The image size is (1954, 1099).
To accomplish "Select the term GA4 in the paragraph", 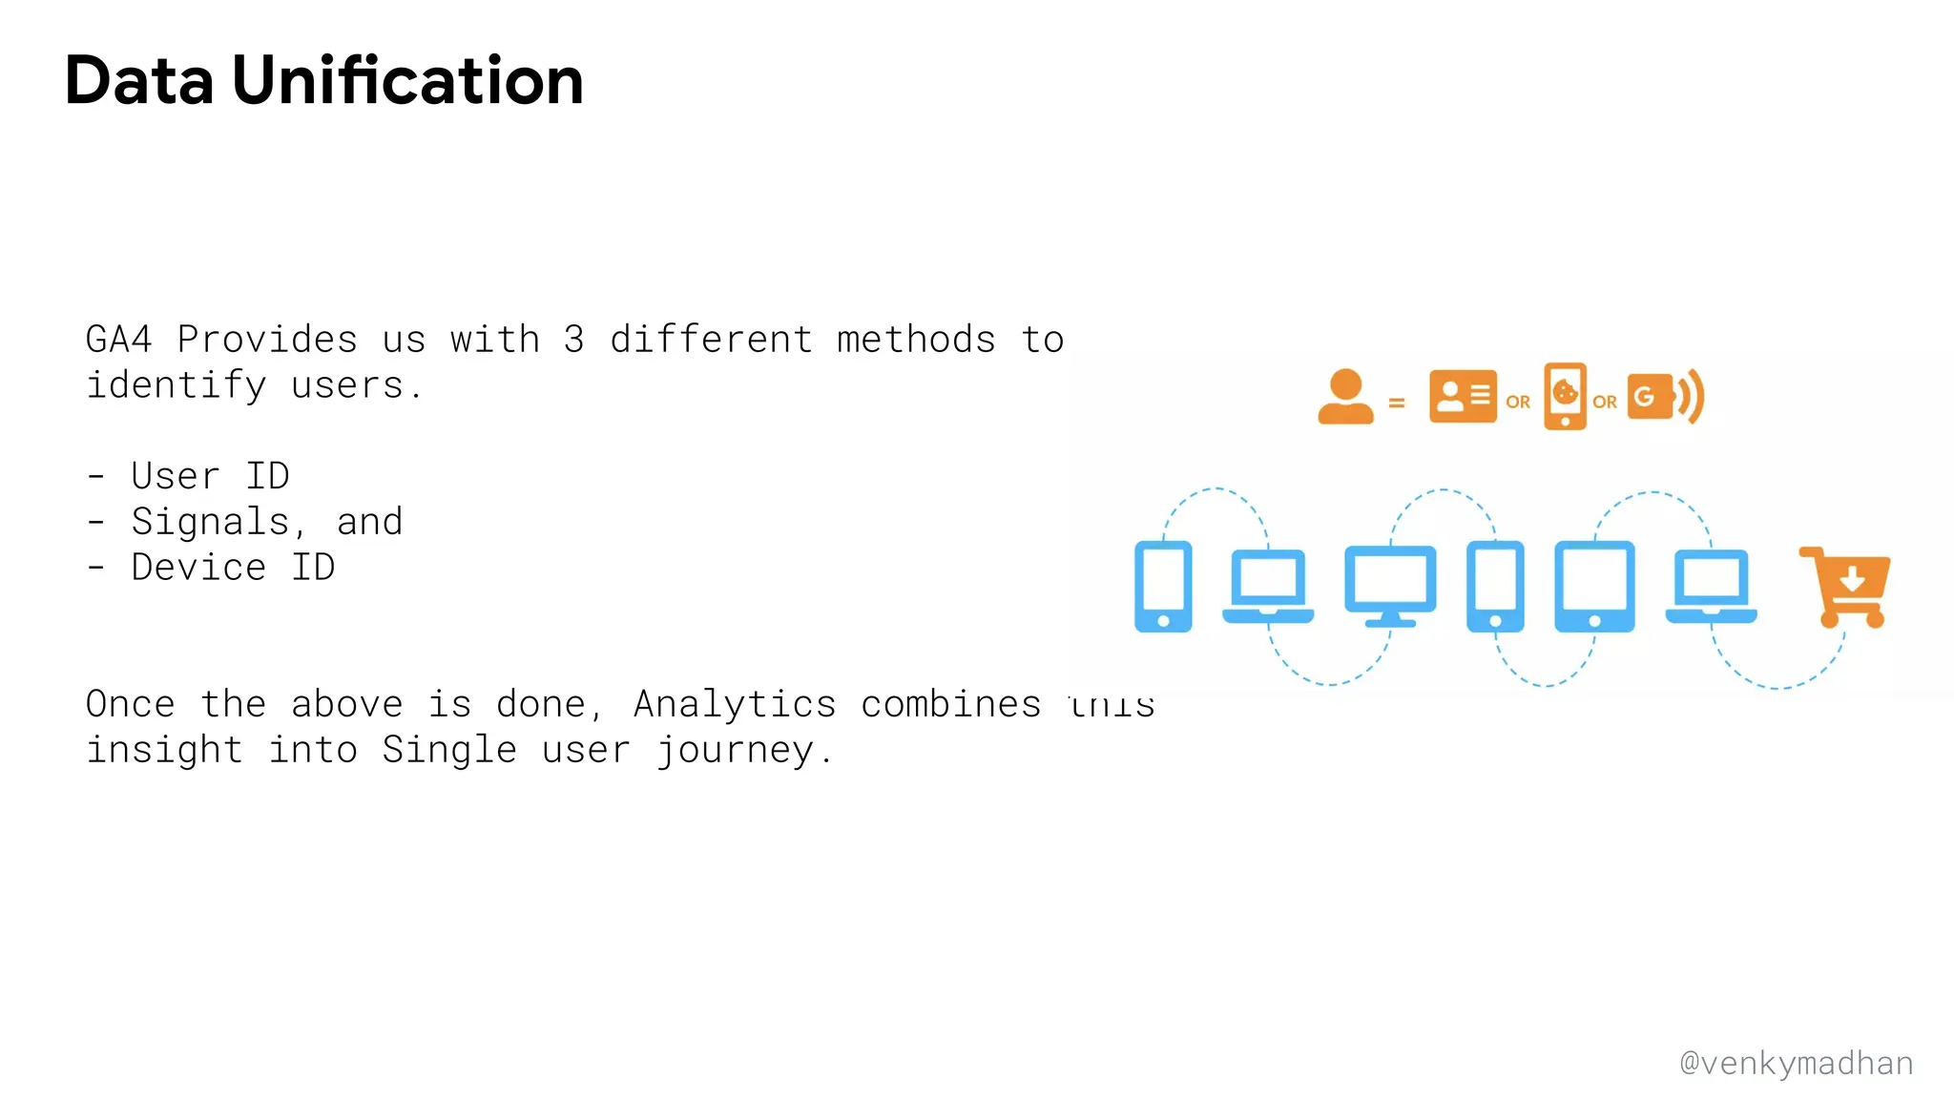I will tap(119, 340).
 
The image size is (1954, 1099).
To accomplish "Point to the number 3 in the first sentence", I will tap(573, 340).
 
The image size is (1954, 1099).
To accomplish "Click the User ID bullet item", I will tap(210, 476).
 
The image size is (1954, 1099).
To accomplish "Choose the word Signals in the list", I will tap(210, 522).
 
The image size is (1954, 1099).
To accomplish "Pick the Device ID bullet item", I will tap(233, 568).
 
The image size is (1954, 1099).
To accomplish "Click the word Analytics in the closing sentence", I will tap(735, 704).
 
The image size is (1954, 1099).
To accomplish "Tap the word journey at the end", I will tap(735, 751).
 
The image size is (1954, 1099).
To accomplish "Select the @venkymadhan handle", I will tap(1796, 1063).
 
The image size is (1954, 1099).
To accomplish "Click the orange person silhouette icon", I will tap(1345, 397).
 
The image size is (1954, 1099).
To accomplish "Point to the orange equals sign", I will tap(1397, 404).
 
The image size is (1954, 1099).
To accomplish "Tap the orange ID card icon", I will tap(1463, 396).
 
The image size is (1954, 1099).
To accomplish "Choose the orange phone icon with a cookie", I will tap(1565, 396).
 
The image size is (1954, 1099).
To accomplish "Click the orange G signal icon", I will tap(1664, 397).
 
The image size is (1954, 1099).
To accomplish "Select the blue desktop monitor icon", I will tap(1390, 585).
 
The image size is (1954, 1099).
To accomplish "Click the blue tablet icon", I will tap(1594, 586).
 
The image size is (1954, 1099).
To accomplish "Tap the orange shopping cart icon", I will tap(1847, 586).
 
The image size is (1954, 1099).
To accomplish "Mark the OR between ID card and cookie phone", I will tap(1518, 403).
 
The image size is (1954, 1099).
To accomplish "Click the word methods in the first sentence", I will tap(916, 340).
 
